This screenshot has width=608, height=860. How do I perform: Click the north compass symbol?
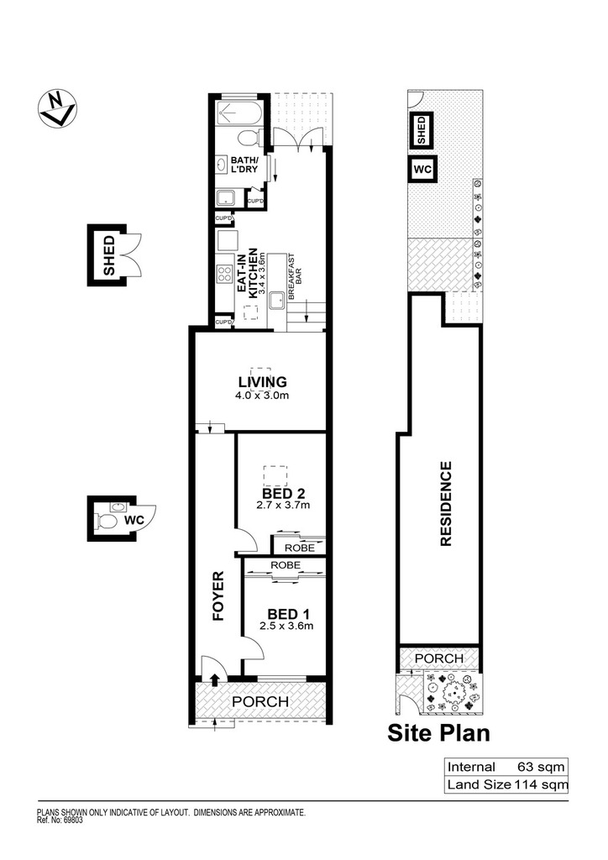[x=57, y=108]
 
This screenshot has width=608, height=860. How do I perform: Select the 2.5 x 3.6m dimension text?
[x=286, y=626]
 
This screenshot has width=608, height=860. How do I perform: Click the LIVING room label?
[x=263, y=381]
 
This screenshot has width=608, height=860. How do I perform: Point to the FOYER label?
[x=218, y=595]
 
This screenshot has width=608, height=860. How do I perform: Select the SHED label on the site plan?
[x=422, y=130]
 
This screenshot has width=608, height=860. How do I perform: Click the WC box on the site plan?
[x=422, y=169]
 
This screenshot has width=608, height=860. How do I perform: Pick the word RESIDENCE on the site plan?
[x=446, y=504]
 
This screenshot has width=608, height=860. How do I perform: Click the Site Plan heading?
[x=438, y=732]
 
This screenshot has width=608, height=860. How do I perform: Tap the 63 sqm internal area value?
[x=541, y=767]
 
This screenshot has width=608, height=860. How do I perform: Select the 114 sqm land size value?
[x=541, y=784]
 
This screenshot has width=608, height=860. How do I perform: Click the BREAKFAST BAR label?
[x=295, y=275]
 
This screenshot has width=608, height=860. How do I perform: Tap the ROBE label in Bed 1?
[x=285, y=565]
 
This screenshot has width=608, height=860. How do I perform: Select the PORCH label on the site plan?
[x=439, y=658]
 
